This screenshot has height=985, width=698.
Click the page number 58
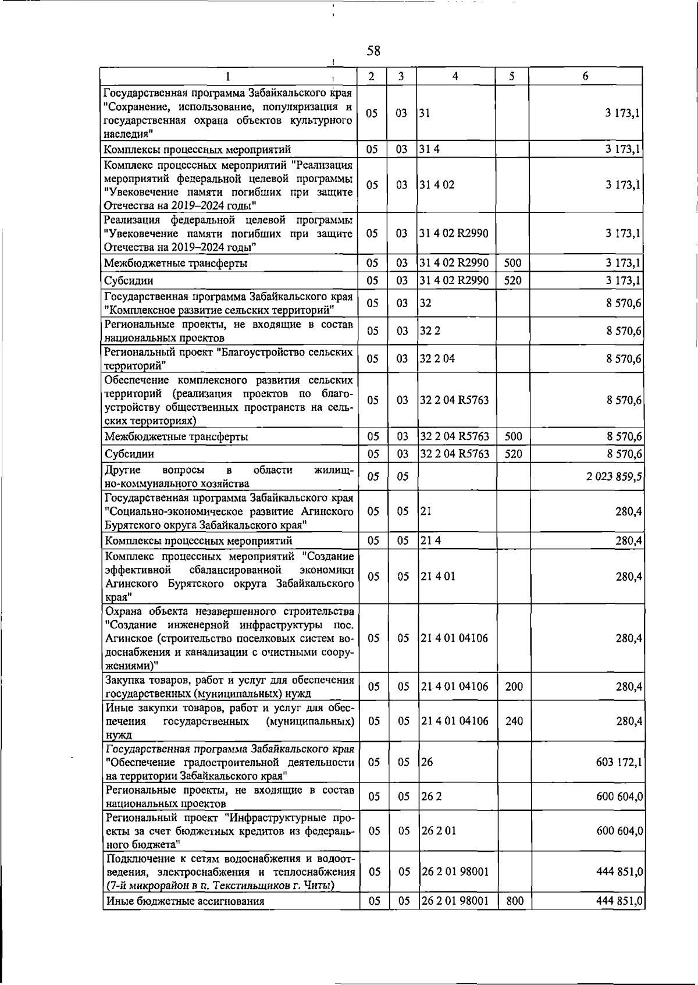click(x=373, y=51)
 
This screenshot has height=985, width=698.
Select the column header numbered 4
click(x=455, y=76)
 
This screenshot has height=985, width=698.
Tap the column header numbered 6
click(x=585, y=76)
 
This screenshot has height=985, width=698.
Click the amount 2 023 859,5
click(x=614, y=477)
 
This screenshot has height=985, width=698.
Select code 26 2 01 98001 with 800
click(x=455, y=918)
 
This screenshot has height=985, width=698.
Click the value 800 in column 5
click(x=514, y=918)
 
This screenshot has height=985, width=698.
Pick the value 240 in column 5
click(x=514, y=721)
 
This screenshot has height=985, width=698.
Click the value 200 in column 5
click(x=514, y=687)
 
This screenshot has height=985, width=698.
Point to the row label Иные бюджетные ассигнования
click(x=185, y=918)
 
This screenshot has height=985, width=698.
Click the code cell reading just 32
click(x=426, y=303)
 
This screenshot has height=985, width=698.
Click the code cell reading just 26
click(x=427, y=762)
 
